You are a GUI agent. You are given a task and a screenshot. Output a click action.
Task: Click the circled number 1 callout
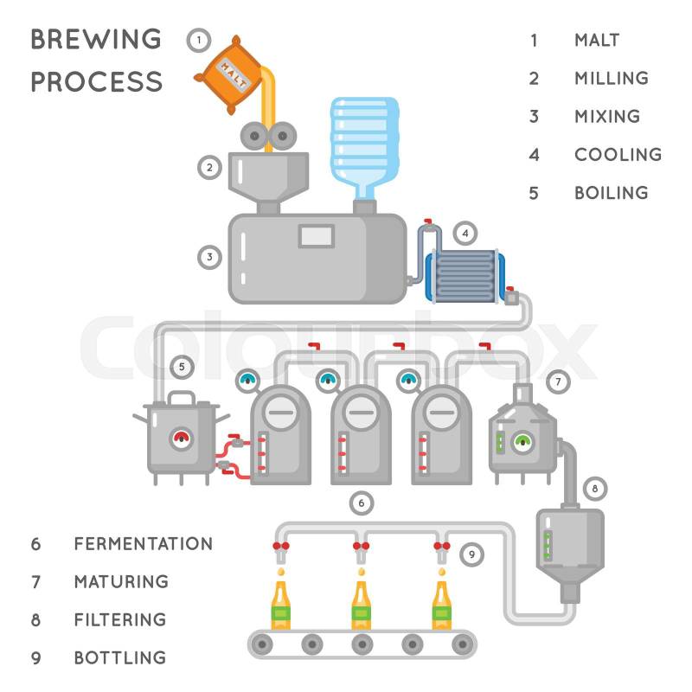click(198, 40)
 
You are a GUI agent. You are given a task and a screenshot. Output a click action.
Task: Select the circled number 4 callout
click(465, 232)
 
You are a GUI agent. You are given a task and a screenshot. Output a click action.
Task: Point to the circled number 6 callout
click(362, 502)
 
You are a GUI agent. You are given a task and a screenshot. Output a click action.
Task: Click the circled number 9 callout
click(471, 554)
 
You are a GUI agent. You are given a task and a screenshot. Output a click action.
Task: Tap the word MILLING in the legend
click(611, 78)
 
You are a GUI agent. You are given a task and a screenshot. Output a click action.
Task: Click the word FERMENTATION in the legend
click(143, 544)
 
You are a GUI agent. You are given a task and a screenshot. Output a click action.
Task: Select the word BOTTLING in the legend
click(119, 657)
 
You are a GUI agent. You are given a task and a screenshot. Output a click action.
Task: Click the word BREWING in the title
click(96, 40)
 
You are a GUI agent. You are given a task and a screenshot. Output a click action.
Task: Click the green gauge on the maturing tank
click(522, 441)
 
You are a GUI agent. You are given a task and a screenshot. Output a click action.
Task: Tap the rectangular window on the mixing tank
click(316, 234)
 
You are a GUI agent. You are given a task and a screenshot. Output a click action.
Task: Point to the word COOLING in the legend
click(618, 154)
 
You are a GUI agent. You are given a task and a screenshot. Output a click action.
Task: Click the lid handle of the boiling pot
click(181, 398)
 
